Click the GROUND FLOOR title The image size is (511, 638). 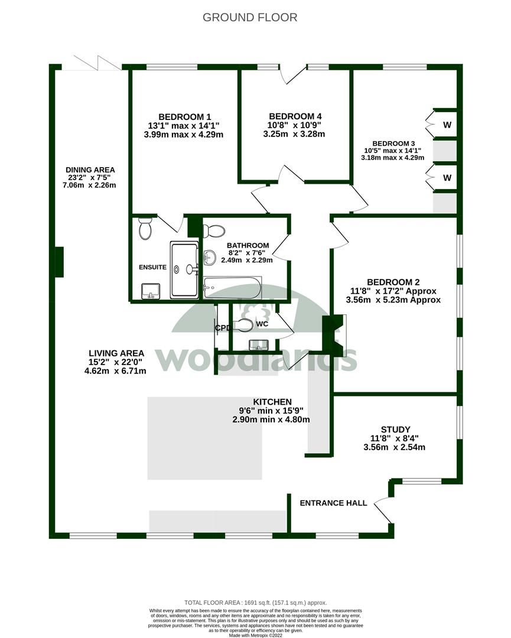coord(250,17)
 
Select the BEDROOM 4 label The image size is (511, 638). coord(295,116)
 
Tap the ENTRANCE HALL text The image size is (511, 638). coord(333,503)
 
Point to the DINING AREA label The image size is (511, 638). coord(90,170)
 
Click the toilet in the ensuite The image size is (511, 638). coord(145,228)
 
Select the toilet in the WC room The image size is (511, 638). coord(243,324)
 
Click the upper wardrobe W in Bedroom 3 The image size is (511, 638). coord(447,125)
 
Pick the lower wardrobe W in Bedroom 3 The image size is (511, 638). coord(447,177)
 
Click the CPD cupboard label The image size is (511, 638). coord(222,328)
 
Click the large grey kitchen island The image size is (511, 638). coord(204,438)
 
